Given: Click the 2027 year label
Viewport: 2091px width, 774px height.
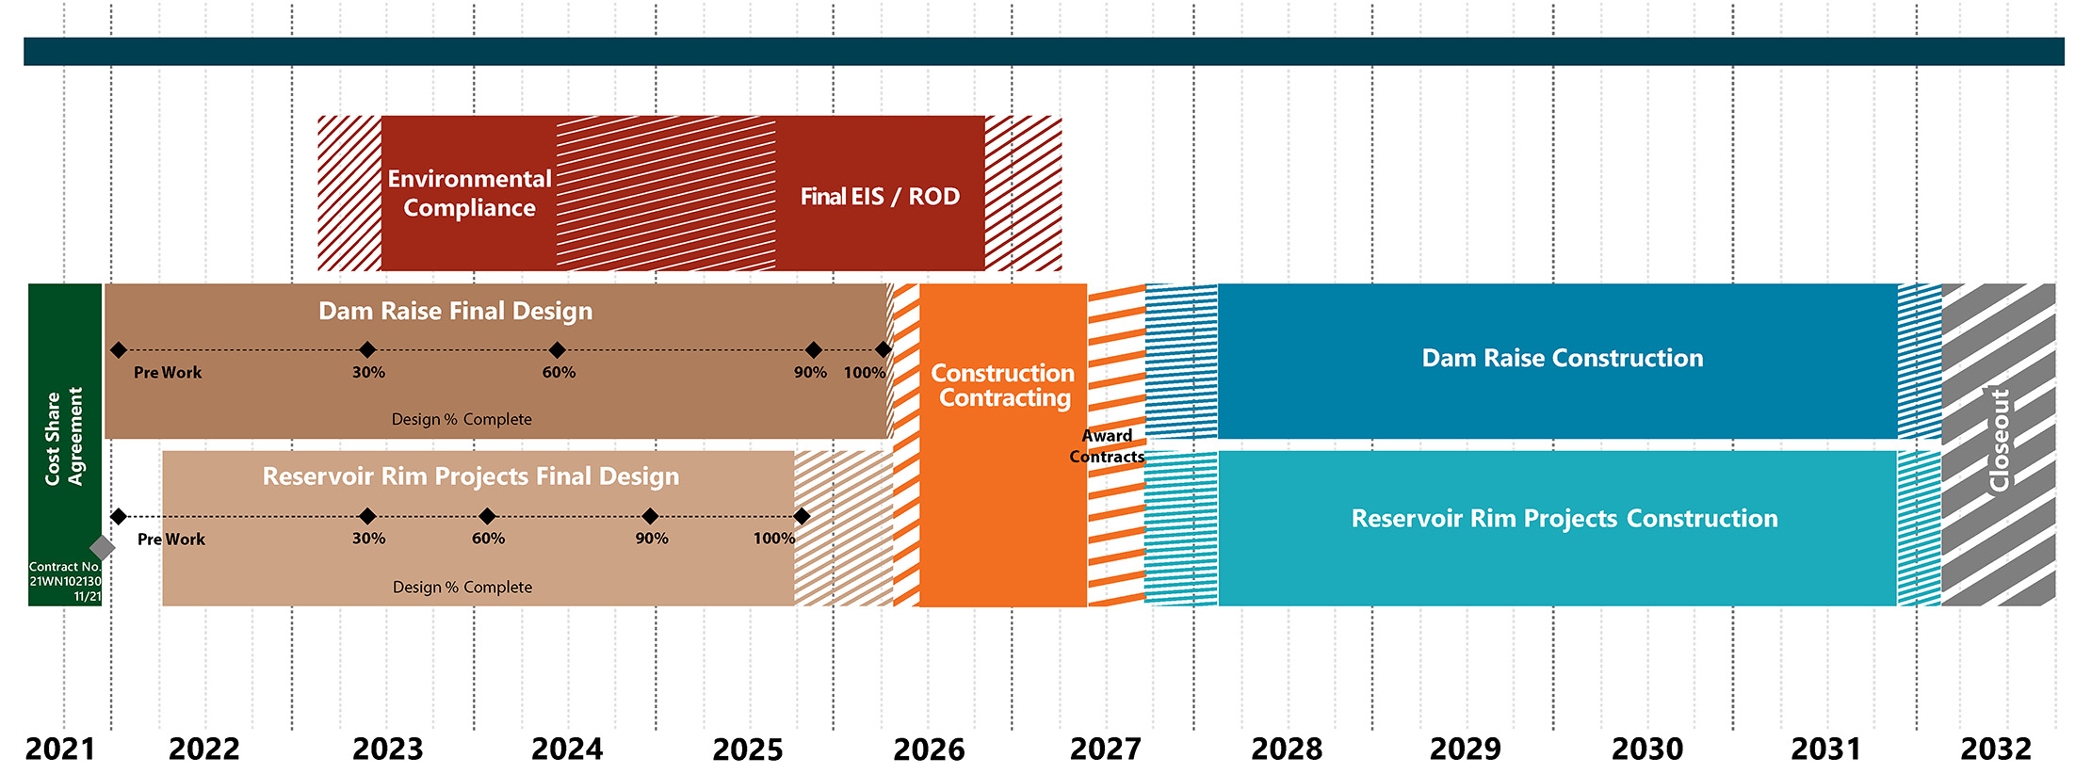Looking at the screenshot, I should point(1105,750).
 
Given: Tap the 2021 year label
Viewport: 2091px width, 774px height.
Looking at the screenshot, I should point(59,750).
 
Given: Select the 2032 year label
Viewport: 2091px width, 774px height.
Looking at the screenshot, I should point(1995,750).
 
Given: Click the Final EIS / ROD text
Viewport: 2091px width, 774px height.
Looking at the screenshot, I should point(880,197).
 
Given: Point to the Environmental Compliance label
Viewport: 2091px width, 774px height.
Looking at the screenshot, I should point(469,193).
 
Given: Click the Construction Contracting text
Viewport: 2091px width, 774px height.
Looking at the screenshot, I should point(1003,385).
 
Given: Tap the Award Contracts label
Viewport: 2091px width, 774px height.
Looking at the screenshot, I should point(1107,446).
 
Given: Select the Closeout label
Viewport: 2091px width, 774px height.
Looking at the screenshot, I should point(1999,441).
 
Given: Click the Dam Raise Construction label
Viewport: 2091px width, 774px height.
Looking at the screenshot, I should point(1562,358).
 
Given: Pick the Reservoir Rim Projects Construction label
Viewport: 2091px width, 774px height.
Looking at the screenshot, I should point(1564,519).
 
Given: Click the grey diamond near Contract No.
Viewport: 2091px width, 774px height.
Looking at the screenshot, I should point(102,547).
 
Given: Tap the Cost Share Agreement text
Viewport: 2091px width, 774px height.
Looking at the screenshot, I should point(64,437).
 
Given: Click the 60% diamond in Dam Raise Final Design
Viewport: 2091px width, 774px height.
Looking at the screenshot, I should point(558,350).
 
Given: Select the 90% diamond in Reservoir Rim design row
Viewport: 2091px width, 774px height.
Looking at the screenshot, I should point(650,516).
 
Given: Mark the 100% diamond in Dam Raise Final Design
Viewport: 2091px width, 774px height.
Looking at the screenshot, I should point(883,350).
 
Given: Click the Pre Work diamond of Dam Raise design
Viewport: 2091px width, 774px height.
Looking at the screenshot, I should point(119,350).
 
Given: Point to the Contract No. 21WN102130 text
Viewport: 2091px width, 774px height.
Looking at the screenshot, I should point(65,581).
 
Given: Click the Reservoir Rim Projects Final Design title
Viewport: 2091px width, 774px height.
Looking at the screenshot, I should point(470,476).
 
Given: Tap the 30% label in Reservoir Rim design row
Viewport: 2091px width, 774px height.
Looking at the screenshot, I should point(368,539).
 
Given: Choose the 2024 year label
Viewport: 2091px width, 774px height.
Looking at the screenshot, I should point(566,750).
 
